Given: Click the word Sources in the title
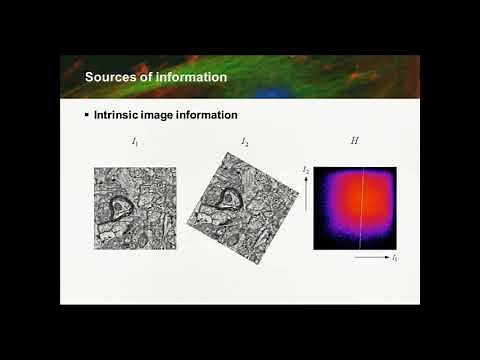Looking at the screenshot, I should (x=110, y=77).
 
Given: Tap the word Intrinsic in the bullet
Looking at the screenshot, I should (x=119, y=115).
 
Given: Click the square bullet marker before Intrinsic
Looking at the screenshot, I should (x=86, y=115).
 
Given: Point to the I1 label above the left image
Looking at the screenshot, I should (x=135, y=142).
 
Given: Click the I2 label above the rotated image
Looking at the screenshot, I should (x=245, y=142).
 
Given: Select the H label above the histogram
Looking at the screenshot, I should (x=354, y=141).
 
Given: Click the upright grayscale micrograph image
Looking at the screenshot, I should (x=135, y=208).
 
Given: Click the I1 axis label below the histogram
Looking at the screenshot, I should (x=395, y=258).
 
